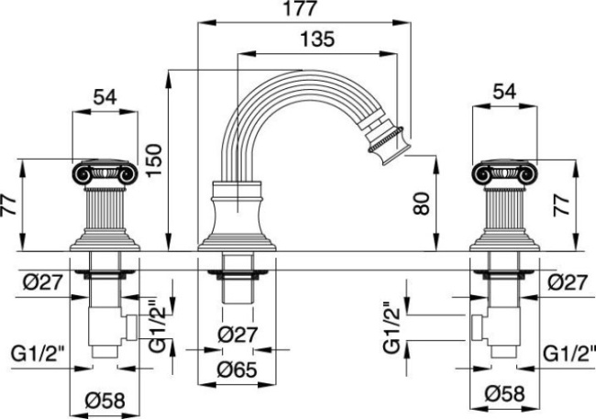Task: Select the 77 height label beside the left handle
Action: click(x=8, y=204)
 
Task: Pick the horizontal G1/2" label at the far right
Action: click(x=562, y=351)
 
